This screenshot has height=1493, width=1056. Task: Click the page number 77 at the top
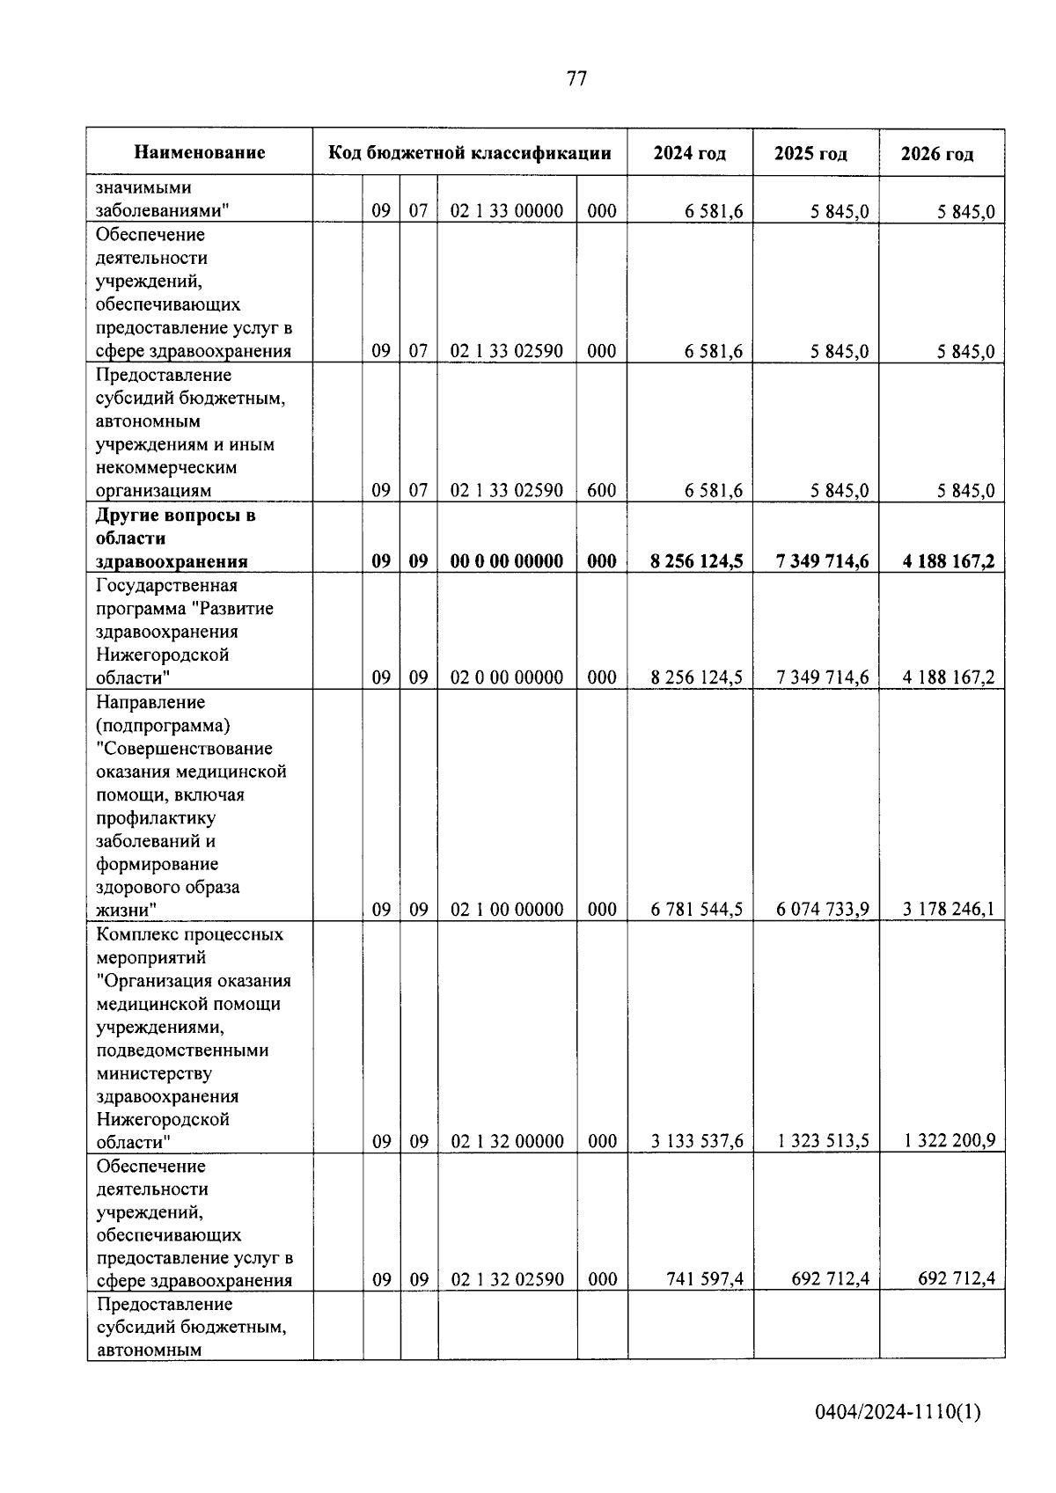576,78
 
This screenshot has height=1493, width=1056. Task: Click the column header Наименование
200,153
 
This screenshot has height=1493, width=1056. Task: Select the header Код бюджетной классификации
470,153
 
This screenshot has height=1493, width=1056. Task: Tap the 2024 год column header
690,153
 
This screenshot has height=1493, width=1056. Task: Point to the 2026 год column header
937,154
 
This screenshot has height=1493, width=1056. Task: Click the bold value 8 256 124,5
696,561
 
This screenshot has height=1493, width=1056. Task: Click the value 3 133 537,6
697,1141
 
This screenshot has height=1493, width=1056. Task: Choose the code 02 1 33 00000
507,211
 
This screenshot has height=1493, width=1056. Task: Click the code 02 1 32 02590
507,1279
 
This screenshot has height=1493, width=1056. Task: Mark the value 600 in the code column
602,491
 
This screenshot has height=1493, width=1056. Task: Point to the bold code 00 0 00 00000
507,561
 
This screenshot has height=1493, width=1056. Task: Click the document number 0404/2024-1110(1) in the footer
898,1413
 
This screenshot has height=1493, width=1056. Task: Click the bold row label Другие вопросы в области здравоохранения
175,538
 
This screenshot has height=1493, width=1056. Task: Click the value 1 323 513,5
823,1141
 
